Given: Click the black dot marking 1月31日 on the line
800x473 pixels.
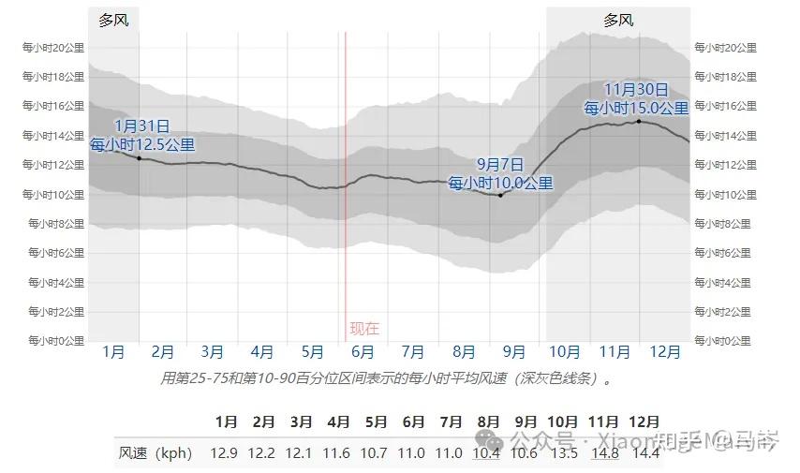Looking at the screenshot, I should pos(140,158).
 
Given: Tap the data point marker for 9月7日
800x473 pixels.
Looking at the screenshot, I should pos(500,195).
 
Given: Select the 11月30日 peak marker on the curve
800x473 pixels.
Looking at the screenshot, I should pos(638,122).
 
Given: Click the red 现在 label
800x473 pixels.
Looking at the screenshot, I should pos(364,329).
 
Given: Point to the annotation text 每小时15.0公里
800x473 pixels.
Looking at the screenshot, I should pos(637,108).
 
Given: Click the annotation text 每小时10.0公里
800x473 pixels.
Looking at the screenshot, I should pos(500,184).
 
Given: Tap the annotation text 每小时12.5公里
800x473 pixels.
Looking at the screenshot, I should pos(142,144).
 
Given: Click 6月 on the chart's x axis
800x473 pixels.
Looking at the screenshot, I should pos(363,352).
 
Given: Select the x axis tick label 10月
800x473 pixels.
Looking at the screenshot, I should pos(564,352).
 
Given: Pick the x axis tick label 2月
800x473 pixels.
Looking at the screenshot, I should pos(163,352).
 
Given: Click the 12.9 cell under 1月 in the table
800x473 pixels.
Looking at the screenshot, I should pos(224,453).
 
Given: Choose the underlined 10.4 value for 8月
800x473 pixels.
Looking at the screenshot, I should pos(486,453).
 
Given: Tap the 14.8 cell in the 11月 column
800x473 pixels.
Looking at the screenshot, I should pos(604,453).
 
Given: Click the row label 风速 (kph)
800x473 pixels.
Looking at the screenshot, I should pos(156,453).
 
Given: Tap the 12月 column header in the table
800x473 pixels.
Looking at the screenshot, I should pos(644,421).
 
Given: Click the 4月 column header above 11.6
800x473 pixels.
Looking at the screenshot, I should pos(338,421).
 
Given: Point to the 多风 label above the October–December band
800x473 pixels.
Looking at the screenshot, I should pos(618,20).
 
